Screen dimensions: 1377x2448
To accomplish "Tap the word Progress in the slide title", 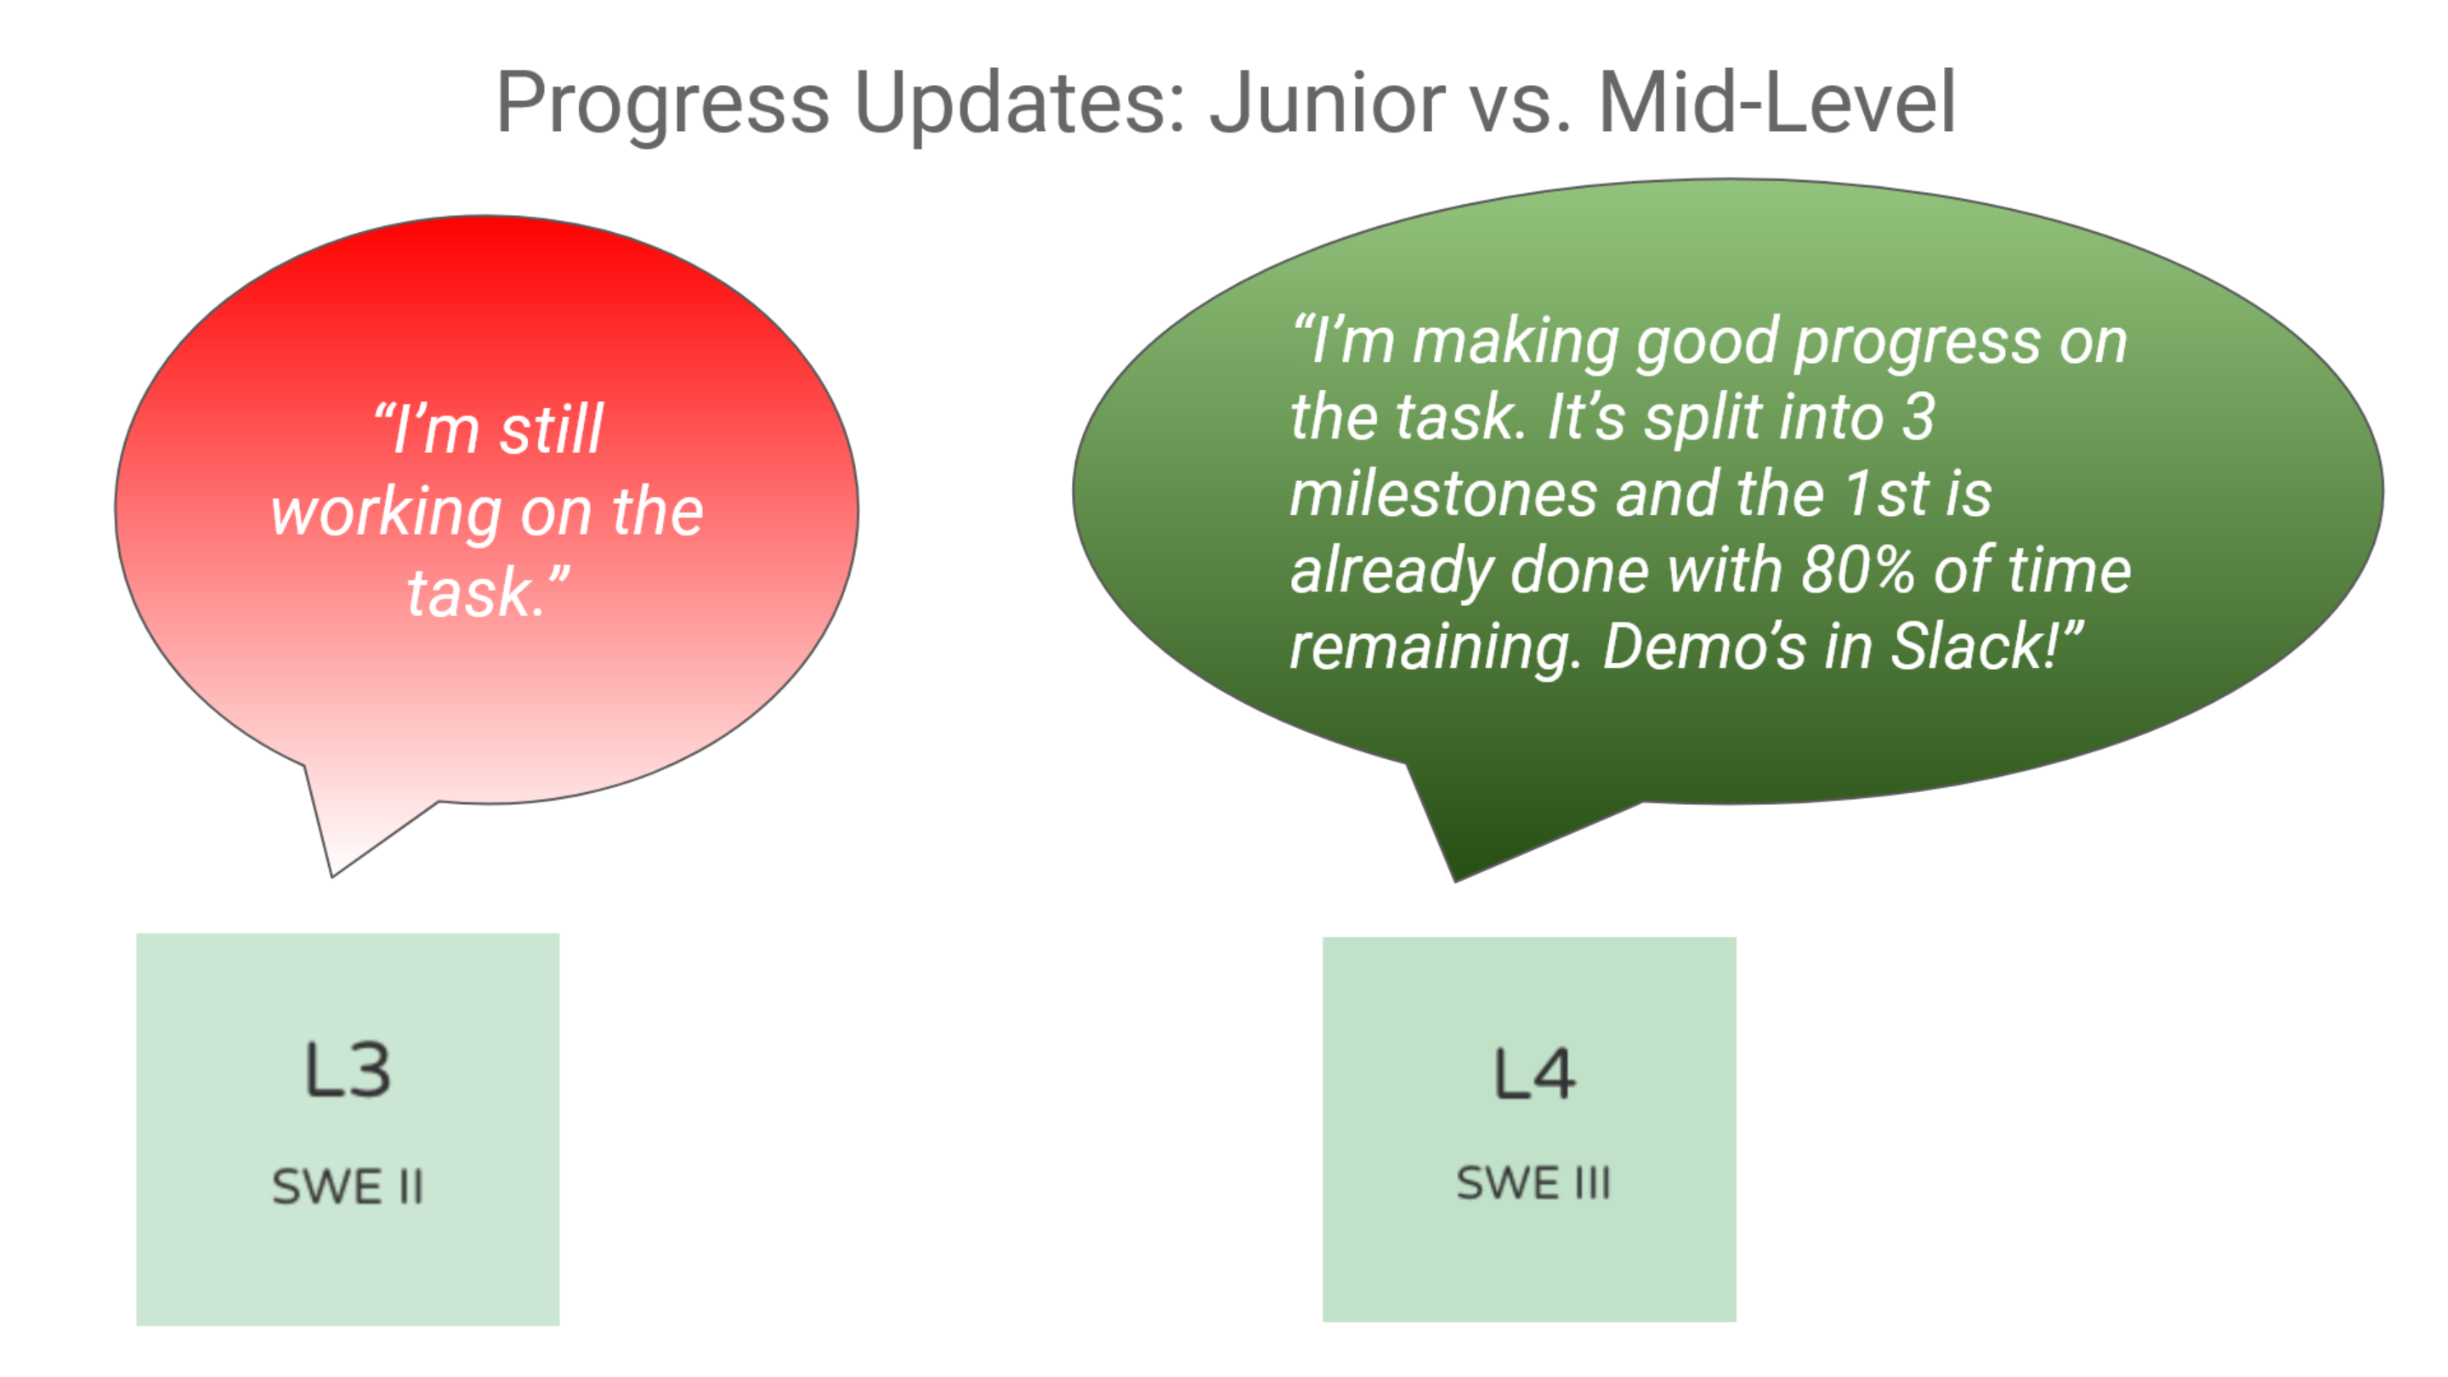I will (662, 105).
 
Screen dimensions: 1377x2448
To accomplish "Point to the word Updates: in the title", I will (1021, 105).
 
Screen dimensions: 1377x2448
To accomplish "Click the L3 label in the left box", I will (347, 1070).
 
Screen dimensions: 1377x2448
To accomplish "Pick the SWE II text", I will (347, 1187).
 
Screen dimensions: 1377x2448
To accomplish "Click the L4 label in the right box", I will (1533, 1074).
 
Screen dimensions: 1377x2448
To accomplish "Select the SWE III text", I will (1533, 1183).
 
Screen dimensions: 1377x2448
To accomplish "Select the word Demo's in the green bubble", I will (1703, 646).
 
